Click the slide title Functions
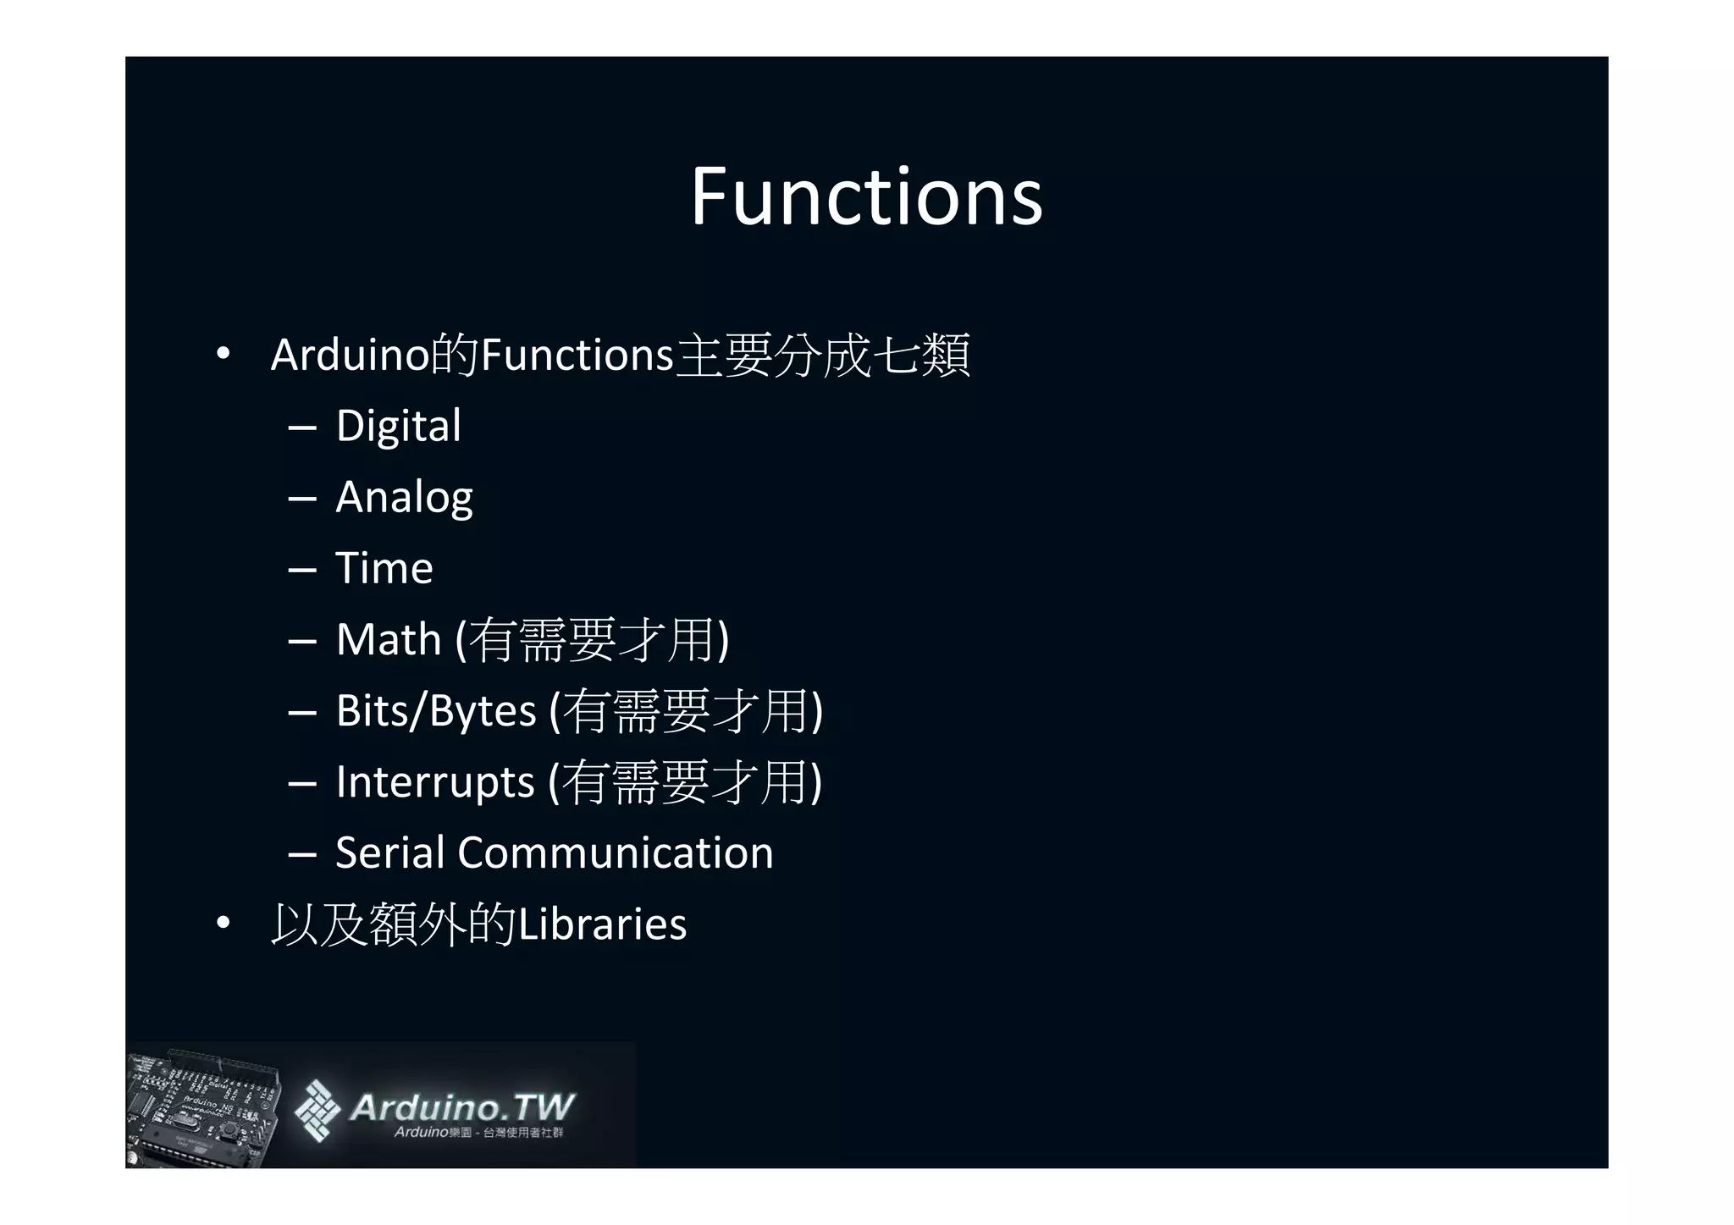coord(866,196)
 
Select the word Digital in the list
coord(398,425)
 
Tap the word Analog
coord(404,497)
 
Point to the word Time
coord(384,568)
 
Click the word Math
coord(389,639)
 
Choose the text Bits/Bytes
coord(436,710)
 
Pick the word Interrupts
coord(434,781)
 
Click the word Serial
coord(389,853)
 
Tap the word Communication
coord(615,853)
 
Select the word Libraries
coord(602,924)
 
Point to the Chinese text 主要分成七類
coord(823,355)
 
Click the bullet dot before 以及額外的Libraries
coord(223,924)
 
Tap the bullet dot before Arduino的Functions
coord(223,355)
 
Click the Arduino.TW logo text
coord(461,1106)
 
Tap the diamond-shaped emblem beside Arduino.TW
coord(317,1110)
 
